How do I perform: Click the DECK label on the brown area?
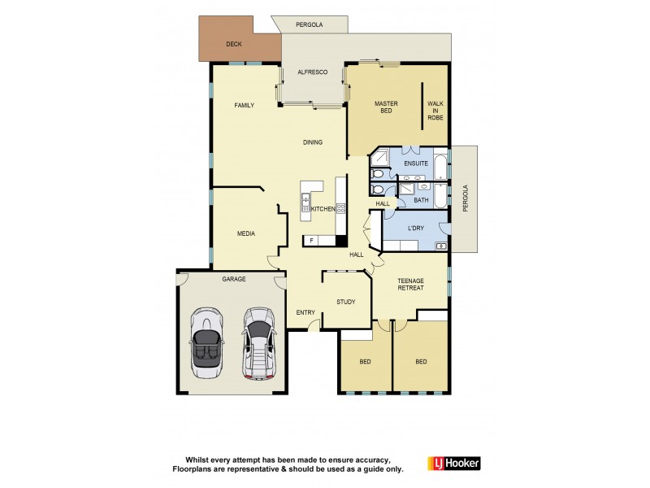[x=233, y=44]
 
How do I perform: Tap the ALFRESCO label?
[x=312, y=73]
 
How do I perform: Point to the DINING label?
[x=313, y=142]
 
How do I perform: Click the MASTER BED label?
[x=385, y=107]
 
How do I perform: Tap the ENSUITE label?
[x=415, y=163]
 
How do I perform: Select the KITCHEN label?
[x=323, y=209]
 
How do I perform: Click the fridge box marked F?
[x=311, y=241]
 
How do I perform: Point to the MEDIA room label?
[x=245, y=233]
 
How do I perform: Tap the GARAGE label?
[x=234, y=279]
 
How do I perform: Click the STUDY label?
[x=346, y=302]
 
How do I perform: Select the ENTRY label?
[x=305, y=312]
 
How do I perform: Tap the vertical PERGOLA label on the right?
[x=466, y=198]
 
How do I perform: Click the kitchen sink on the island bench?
[x=306, y=199]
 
